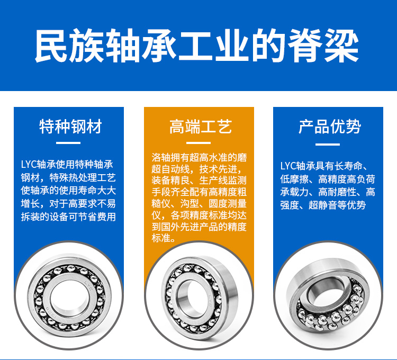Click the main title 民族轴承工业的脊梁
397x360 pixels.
click(x=197, y=46)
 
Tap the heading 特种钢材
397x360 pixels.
click(x=70, y=127)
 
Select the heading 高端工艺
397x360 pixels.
click(x=201, y=127)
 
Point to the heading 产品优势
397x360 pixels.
click(x=330, y=127)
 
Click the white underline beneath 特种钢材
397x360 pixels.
click(x=68, y=143)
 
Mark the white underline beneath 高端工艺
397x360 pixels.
click(x=198, y=143)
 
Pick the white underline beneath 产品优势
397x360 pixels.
click(x=328, y=145)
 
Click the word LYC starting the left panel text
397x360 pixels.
click(x=29, y=165)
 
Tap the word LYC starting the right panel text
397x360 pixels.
click(x=288, y=166)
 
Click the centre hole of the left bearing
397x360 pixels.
click(x=70, y=298)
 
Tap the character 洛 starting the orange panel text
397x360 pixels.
click(x=156, y=157)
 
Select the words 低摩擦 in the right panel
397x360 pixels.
click(x=294, y=179)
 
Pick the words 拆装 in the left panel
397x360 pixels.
click(x=30, y=217)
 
